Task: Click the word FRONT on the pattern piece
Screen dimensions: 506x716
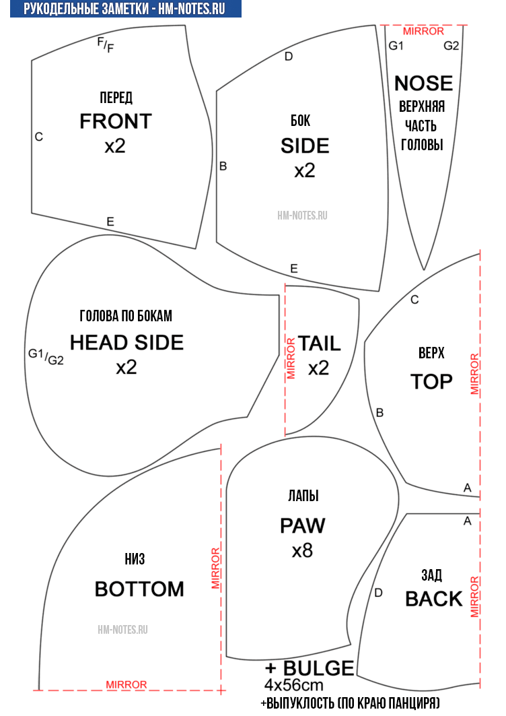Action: click(116, 121)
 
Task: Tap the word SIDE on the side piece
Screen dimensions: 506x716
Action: click(305, 146)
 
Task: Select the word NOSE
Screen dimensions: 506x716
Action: click(423, 84)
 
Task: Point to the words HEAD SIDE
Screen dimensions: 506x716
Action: click(127, 342)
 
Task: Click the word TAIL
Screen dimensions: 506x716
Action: click(320, 344)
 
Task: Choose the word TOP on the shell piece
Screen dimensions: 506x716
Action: click(431, 382)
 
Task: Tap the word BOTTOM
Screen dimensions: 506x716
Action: click(139, 589)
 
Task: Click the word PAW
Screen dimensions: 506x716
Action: click(303, 525)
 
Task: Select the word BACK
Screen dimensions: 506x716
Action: click(434, 599)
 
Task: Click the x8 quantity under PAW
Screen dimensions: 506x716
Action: click(303, 551)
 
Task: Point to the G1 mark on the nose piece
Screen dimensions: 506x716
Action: click(396, 46)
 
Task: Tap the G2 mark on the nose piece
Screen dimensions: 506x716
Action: click(451, 46)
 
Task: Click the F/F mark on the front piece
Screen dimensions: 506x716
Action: click(106, 44)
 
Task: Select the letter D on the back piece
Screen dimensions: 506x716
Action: click(378, 593)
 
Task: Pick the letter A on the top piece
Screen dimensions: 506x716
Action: click(467, 488)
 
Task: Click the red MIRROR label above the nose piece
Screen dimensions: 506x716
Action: click(423, 31)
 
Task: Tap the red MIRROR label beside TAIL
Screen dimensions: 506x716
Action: click(291, 358)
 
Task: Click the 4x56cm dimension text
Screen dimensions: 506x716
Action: click(294, 685)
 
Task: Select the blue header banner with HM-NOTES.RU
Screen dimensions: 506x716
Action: click(125, 9)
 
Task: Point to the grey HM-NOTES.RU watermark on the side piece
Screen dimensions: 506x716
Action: click(302, 215)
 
